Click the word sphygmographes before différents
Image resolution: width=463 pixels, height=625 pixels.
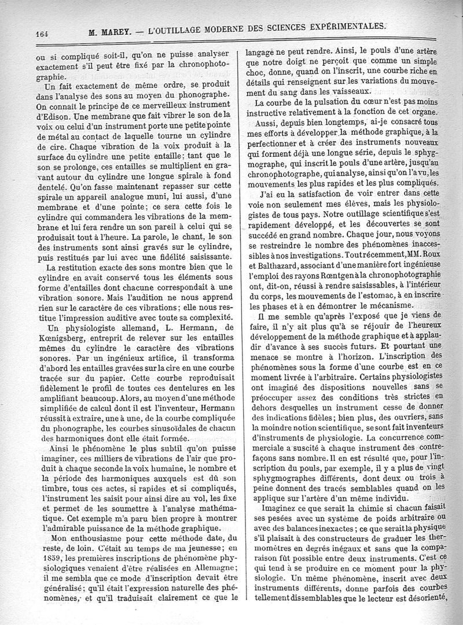[x=278, y=463]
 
